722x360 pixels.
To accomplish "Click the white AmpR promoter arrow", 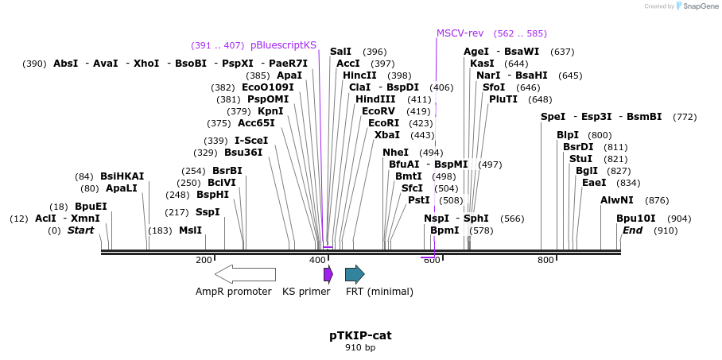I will click(245, 274).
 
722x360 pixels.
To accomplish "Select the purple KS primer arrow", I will click(328, 274).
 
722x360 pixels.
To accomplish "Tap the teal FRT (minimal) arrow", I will click(355, 274).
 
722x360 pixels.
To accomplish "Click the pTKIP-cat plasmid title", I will click(360, 335).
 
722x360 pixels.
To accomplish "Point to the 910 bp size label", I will click(360, 348).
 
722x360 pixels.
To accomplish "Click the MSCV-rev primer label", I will click(460, 33).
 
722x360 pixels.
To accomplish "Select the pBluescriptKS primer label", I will click(283, 45).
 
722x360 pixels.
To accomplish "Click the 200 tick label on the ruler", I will click(204, 261).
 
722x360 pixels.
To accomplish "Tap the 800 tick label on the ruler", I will click(545, 261).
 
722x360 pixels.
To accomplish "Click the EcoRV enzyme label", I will click(378, 111).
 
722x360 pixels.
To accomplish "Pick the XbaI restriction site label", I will click(387, 135).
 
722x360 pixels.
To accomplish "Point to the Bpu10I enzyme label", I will click(635, 219).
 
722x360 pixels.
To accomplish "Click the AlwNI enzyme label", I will click(617, 200).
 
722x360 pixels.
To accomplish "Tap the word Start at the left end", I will click(80, 230).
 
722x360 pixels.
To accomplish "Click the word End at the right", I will click(632, 230).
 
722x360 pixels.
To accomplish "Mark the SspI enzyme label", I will click(208, 212).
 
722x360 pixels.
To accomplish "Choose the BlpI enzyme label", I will click(568, 135).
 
